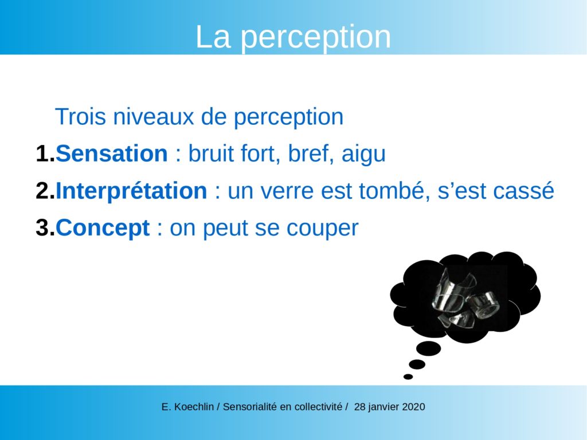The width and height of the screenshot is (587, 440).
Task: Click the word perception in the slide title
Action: tap(316, 37)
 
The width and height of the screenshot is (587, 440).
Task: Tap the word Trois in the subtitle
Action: tap(80, 116)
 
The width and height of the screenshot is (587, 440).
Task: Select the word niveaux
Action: tap(154, 116)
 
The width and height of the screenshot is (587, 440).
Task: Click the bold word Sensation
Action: tap(112, 154)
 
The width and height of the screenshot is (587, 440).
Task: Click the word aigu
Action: tap(363, 155)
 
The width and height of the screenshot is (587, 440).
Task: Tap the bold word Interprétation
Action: tap(131, 191)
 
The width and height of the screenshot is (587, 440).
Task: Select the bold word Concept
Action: tap(103, 228)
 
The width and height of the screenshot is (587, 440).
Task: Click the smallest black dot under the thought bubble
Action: tap(408, 377)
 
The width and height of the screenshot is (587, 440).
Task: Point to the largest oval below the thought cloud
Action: tap(428, 348)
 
